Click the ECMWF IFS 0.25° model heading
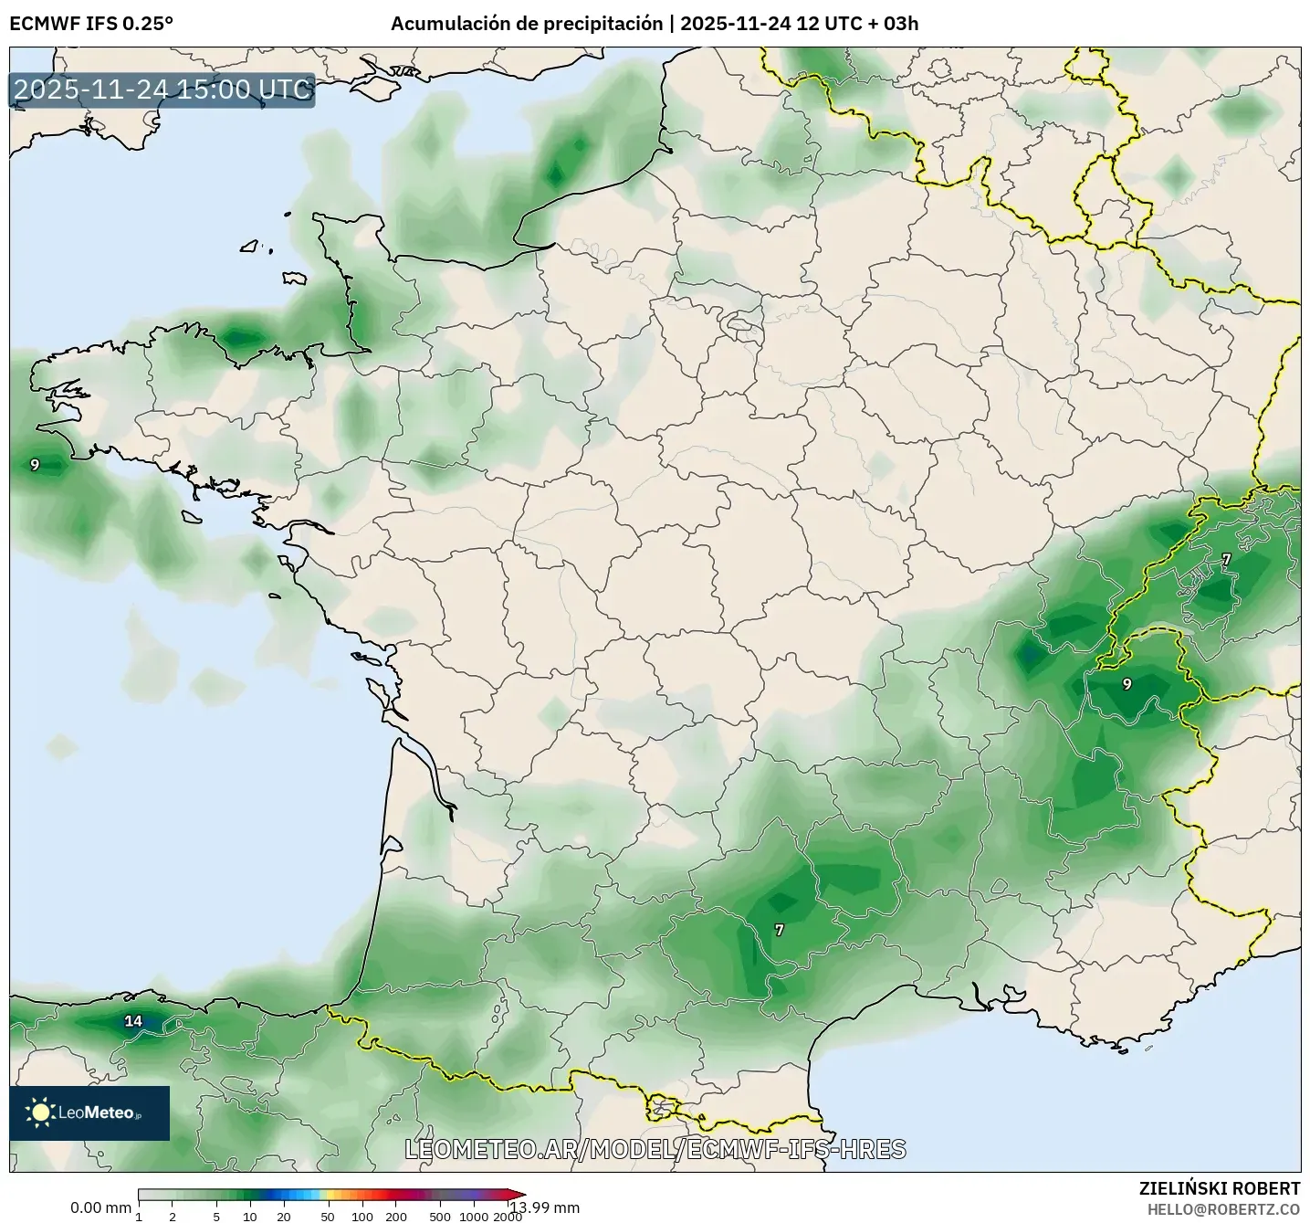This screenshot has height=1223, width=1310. tap(90, 24)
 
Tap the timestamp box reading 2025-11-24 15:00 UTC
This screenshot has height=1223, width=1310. tap(162, 90)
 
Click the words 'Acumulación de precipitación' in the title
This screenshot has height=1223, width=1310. tap(526, 24)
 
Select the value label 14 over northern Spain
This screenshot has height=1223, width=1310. tap(133, 1021)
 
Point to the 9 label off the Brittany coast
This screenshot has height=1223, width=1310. tap(35, 465)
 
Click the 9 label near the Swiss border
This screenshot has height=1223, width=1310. tap(1127, 684)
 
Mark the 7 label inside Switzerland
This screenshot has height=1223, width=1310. tap(1226, 558)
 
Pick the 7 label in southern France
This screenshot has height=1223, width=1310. tap(779, 930)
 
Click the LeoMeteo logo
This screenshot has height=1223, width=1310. tap(89, 1112)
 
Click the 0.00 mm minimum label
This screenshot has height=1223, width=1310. tap(100, 1207)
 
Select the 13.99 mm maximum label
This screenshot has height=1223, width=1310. tap(545, 1207)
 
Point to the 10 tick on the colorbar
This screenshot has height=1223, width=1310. tap(249, 1216)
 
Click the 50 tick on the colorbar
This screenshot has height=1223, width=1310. tap(328, 1216)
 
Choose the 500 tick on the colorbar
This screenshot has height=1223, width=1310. tap(440, 1216)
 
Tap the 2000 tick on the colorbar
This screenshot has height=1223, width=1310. tap(508, 1216)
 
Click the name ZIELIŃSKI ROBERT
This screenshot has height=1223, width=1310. tap(1220, 1188)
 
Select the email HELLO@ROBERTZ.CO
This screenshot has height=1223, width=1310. tap(1223, 1208)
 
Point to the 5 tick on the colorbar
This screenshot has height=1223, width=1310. tap(216, 1216)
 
